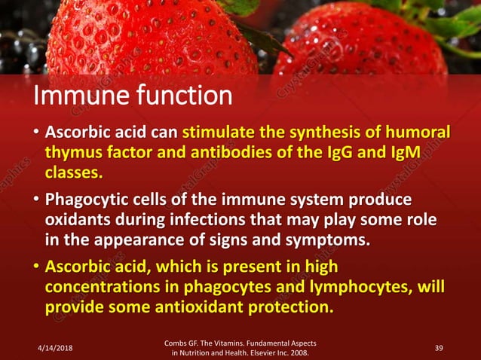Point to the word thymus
pyautogui.click(x=72, y=154)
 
